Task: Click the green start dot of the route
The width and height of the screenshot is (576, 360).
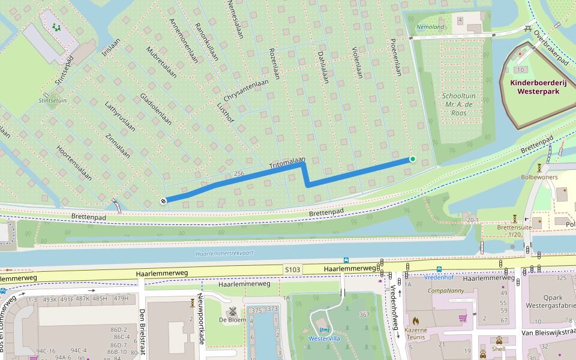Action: click(x=412, y=159)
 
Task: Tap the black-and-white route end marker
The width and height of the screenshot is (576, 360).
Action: click(x=163, y=200)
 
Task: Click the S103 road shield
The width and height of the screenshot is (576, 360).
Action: click(x=292, y=270)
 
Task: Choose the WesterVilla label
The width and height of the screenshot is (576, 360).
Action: click(x=324, y=338)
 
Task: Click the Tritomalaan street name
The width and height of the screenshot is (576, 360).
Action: click(x=287, y=163)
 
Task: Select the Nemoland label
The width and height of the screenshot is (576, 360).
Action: click(x=430, y=27)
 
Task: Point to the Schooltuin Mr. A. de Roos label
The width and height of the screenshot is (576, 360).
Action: click(x=459, y=104)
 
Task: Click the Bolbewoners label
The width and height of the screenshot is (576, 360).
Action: click(x=539, y=177)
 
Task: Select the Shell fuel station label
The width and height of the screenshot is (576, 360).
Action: click(x=499, y=349)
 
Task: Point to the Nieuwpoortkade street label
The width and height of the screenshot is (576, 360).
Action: click(x=202, y=320)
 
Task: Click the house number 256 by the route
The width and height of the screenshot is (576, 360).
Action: click(x=239, y=174)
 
